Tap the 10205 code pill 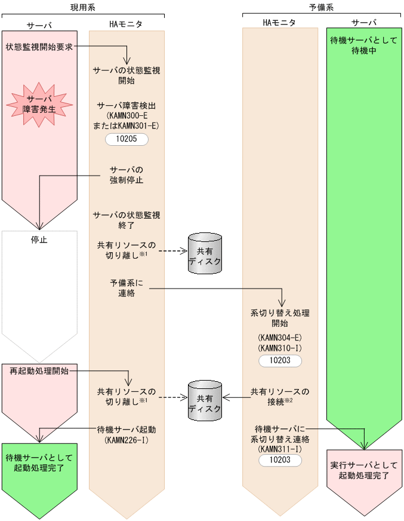click(127, 139)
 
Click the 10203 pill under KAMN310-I click(280, 361)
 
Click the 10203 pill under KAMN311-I click(280, 460)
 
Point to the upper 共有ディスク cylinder click(205, 253)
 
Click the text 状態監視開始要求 click(39, 46)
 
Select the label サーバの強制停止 click(127, 174)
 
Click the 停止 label click(39, 240)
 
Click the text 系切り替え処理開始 click(280, 317)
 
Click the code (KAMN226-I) click(127, 440)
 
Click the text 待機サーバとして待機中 click(364, 45)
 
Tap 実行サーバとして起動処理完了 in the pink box click(364, 470)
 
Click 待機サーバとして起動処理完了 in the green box click(39, 462)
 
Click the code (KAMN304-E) click(280, 337)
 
